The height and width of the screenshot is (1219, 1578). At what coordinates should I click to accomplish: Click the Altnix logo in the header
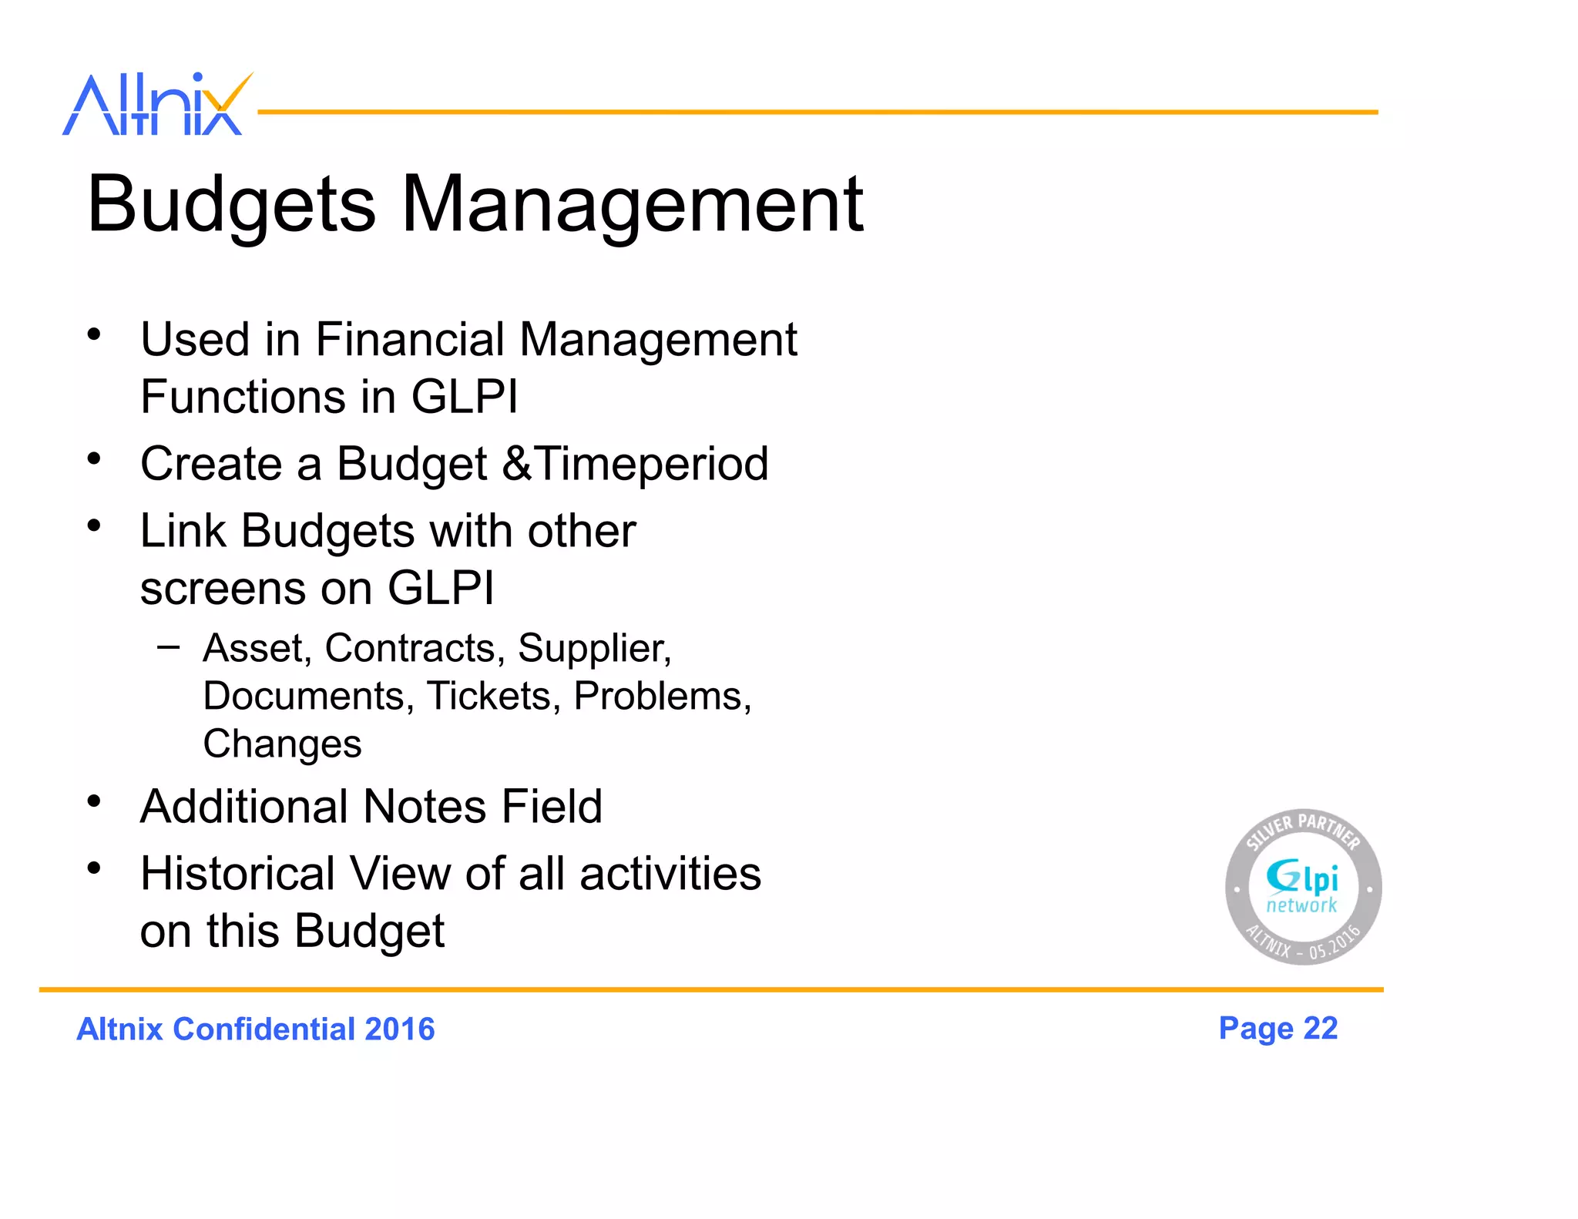tap(156, 105)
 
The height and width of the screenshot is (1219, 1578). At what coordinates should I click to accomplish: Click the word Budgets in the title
tap(231, 205)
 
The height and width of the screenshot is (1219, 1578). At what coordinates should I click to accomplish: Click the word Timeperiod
tap(652, 464)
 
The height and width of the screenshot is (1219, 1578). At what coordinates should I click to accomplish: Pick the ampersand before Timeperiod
tap(517, 464)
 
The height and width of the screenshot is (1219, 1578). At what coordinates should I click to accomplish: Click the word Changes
tap(282, 744)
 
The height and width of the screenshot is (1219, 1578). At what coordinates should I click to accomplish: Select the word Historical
tap(237, 874)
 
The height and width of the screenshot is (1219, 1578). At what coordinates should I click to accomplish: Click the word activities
tap(670, 874)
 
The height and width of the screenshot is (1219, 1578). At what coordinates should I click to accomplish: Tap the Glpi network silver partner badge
tap(1303, 887)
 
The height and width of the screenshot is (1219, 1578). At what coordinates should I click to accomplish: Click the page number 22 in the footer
tap(1320, 1028)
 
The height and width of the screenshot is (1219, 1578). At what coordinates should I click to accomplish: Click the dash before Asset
tap(168, 647)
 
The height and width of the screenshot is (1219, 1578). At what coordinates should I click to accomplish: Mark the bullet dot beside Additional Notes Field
tap(94, 802)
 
